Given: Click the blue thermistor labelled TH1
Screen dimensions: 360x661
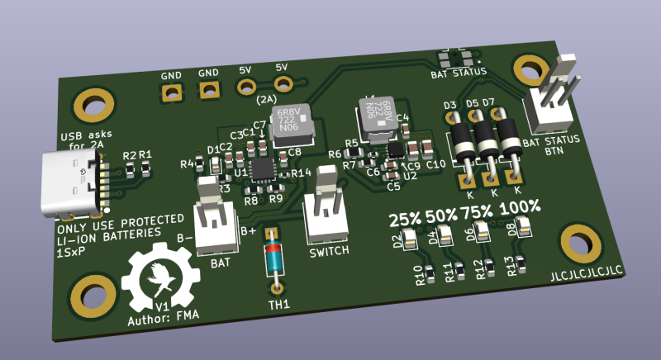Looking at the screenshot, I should [x=274, y=258].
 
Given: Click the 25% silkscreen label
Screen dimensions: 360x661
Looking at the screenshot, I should [x=405, y=220].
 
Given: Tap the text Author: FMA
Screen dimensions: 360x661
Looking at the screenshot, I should [x=163, y=318].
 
